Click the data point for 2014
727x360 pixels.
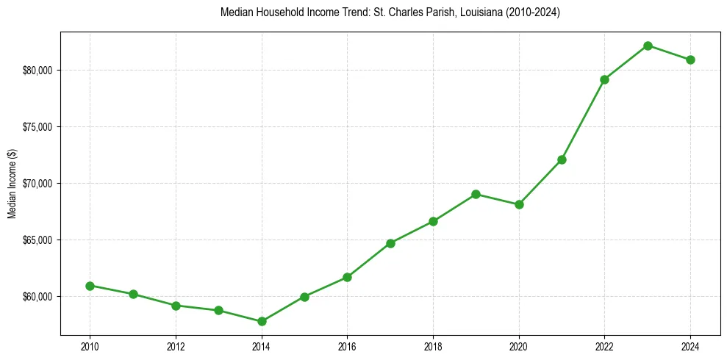(262, 321)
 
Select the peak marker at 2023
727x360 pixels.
(648, 46)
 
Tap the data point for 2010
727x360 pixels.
(90, 286)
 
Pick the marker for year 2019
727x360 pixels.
(476, 194)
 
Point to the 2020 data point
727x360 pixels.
(519, 204)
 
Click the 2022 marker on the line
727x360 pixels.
(605, 79)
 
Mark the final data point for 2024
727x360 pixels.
(691, 60)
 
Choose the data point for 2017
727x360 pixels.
(390, 243)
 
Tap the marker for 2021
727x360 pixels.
(562, 159)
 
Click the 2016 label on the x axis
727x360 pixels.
(347, 347)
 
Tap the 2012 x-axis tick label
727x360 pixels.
(176, 347)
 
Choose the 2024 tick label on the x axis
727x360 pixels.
(691, 347)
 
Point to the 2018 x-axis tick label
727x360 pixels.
(433, 347)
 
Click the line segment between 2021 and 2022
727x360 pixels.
(584, 119)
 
